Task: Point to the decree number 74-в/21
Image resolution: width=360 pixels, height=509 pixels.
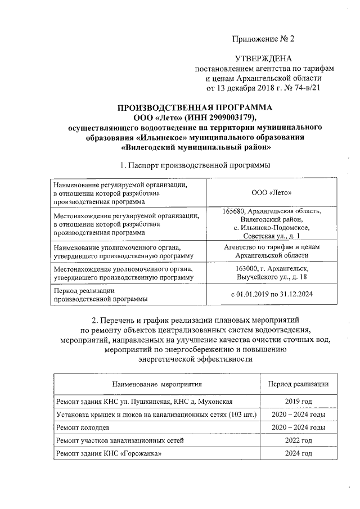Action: point(304,88)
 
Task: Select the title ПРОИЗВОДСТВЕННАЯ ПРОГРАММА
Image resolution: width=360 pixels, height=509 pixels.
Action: point(195,107)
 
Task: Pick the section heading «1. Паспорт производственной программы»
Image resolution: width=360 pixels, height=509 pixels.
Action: point(195,165)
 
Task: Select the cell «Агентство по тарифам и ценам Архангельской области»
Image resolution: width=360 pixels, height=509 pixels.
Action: point(272,251)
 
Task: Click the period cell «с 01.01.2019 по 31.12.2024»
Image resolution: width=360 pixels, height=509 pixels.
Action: point(272,294)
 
